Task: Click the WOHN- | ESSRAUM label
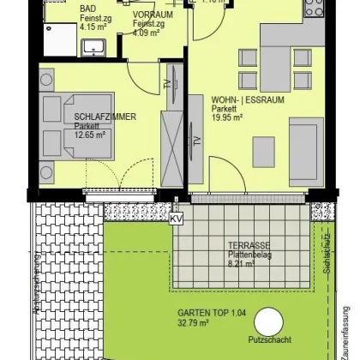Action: tap(248, 99)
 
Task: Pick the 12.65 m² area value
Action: tap(90, 135)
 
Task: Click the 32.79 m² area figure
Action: tap(195, 324)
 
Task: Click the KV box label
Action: tap(177, 219)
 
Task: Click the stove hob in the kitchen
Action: tap(314, 8)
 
